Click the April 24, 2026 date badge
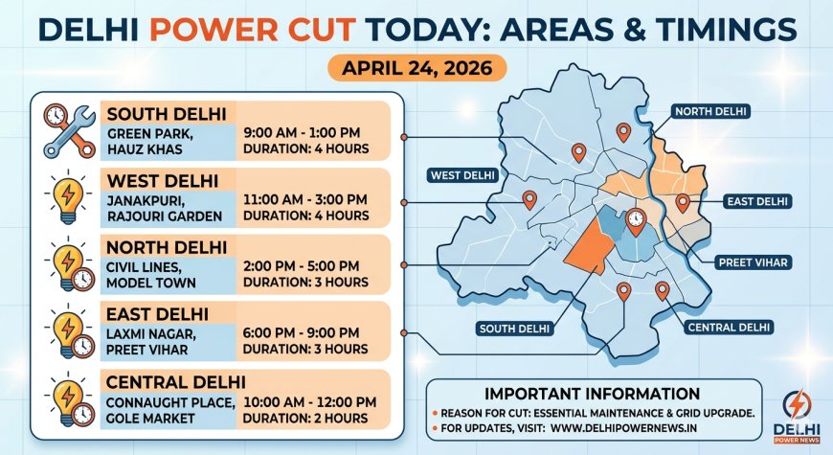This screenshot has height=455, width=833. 416,69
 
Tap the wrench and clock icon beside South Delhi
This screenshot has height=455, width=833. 69,130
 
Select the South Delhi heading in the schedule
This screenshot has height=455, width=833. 167,115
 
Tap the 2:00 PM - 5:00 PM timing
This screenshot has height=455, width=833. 302,265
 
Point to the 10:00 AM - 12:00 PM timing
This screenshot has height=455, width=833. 310,401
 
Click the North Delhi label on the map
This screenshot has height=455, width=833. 712,112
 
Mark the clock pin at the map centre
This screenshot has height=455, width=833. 634,221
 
